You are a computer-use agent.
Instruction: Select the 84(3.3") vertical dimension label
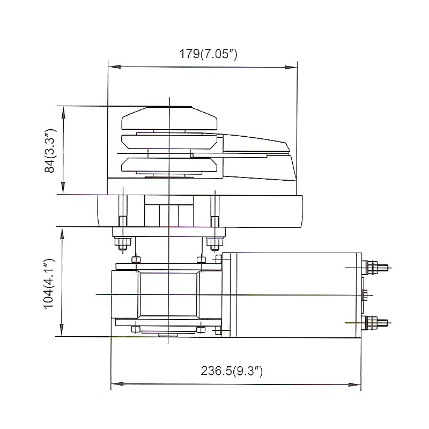50,151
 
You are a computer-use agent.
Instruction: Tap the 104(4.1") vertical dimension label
50,282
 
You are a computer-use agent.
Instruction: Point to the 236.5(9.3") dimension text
232,371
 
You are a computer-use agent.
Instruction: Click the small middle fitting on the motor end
365,295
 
